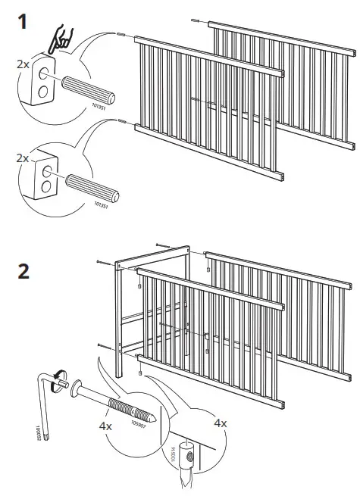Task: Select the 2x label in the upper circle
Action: point(23,66)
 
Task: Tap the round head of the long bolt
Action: point(69,387)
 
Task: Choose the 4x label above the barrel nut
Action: point(218,422)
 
